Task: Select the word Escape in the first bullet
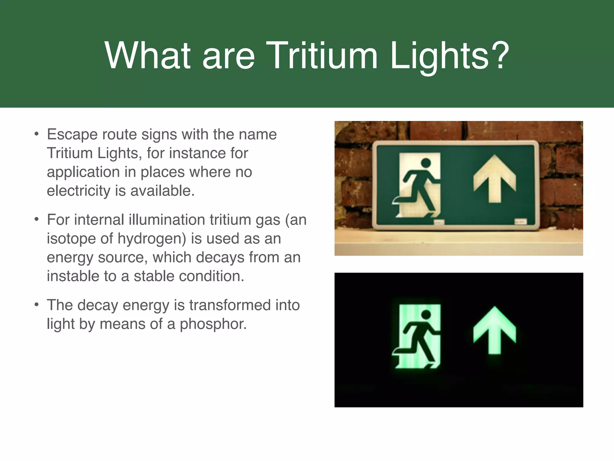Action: pyautogui.click(x=72, y=134)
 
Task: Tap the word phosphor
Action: pyautogui.click(x=213, y=324)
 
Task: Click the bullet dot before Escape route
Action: pyautogui.click(x=36, y=134)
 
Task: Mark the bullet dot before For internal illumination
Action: pyautogui.click(x=36, y=219)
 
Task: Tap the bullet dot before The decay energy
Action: pyautogui.click(x=36, y=305)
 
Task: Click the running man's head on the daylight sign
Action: pyautogui.click(x=426, y=163)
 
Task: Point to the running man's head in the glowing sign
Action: pyautogui.click(x=426, y=315)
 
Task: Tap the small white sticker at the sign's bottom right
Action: pyautogui.click(x=521, y=221)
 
